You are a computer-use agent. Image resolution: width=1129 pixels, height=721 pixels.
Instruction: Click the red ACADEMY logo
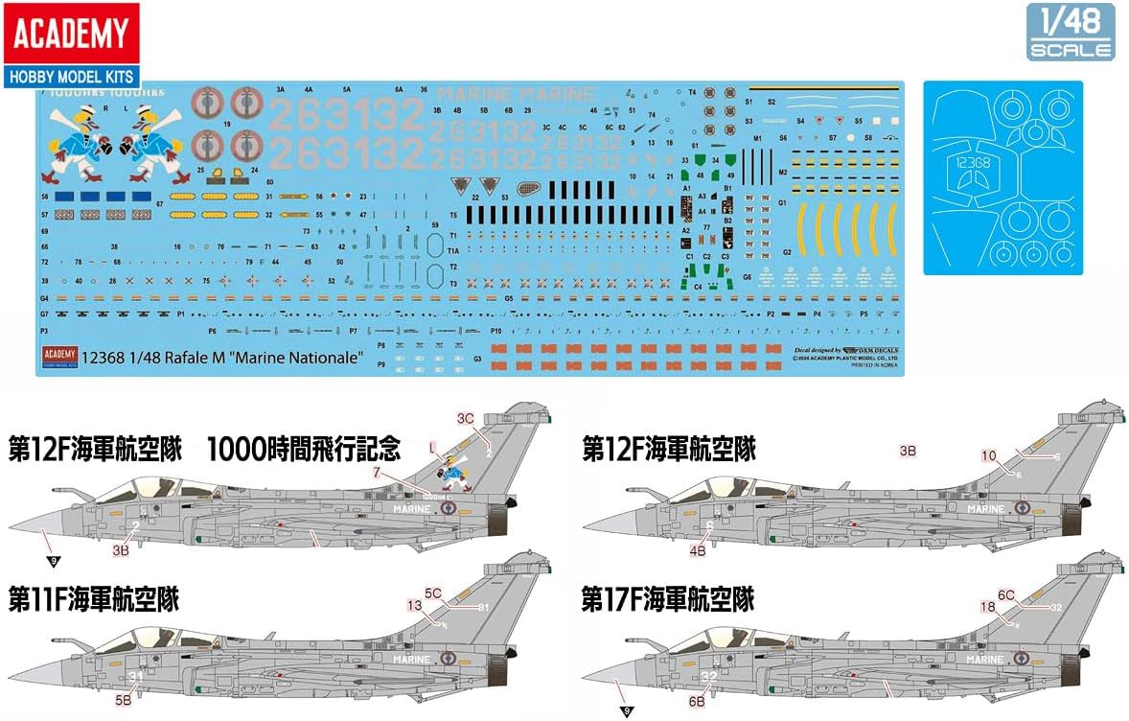coord(69,34)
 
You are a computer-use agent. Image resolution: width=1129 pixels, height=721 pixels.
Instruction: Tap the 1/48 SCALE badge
coord(1071,33)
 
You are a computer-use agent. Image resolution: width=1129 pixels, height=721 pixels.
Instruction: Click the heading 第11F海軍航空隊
coord(94,600)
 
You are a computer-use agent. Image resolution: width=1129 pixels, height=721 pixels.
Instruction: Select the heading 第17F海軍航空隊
coord(668,600)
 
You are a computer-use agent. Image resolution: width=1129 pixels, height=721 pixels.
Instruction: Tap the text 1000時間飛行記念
coord(304,449)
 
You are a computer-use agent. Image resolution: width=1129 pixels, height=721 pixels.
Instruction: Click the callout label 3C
coord(466,418)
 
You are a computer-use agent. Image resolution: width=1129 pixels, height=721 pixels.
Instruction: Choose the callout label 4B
coord(697,550)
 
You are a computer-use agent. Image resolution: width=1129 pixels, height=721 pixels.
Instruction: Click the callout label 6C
coord(1005,594)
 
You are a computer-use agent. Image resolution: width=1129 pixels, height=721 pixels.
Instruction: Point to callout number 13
coord(414,605)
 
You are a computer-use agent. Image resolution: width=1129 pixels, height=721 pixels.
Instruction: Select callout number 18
coord(987,606)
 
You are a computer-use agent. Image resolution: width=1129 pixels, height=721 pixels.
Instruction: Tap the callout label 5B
coord(124,701)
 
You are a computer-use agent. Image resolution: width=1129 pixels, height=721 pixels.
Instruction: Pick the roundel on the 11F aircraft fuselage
coord(448,659)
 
